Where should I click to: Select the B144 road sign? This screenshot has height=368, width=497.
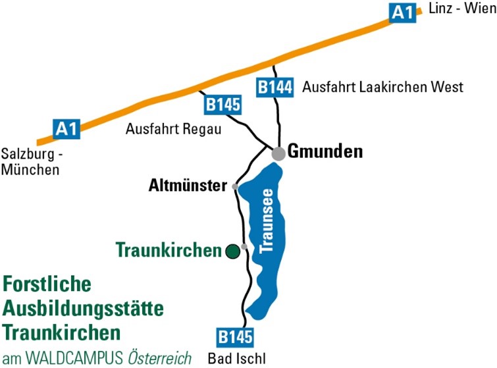pos(273,87)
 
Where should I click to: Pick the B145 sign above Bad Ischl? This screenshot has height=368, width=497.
pos(234,338)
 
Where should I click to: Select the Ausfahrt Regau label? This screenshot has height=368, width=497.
pos(172,130)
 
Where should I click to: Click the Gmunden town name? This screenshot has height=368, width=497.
pos(327,152)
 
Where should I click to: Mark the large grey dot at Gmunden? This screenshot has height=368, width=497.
pos(279,153)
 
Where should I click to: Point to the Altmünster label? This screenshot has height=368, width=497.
pos(186,186)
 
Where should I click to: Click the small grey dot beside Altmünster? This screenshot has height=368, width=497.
pos(235,187)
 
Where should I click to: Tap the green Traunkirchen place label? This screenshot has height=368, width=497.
pos(168,251)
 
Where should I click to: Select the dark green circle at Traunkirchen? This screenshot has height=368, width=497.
pos(232,251)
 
